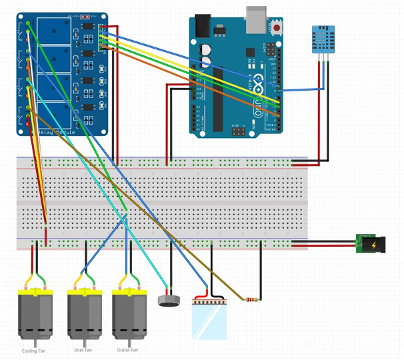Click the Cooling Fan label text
point(34,351)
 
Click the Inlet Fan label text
point(85,349)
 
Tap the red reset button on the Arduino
point(276,29)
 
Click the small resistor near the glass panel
point(252,299)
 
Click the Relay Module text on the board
point(55,133)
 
